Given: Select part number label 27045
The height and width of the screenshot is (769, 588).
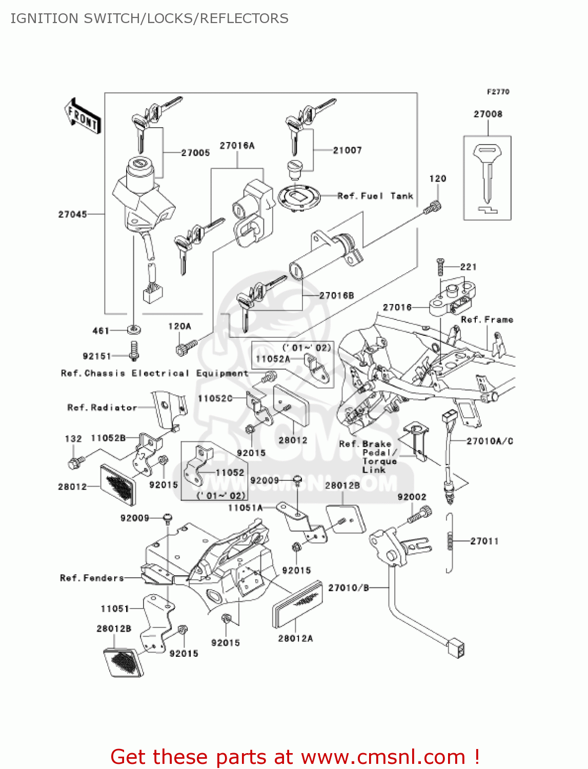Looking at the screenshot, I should (x=72, y=214).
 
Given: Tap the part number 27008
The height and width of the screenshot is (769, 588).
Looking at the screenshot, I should (x=488, y=114).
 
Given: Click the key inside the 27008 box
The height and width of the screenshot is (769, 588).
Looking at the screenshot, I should (x=486, y=174).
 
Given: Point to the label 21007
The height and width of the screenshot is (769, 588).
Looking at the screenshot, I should (x=347, y=150).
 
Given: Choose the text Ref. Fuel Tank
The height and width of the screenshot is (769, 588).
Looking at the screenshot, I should (x=375, y=196).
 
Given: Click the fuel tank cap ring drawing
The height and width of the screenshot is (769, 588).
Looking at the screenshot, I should (x=298, y=197).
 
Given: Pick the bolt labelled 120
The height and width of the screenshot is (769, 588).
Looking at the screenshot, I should (x=433, y=208).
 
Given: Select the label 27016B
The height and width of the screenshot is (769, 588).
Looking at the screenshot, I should (x=336, y=295).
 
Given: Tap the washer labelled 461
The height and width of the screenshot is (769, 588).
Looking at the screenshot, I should (x=134, y=330).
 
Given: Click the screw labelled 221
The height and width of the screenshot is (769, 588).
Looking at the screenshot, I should (x=440, y=267).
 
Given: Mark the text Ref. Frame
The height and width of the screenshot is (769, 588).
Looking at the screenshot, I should (x=486, y=319).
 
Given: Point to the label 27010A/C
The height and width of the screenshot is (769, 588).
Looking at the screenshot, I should (x=490, y=441).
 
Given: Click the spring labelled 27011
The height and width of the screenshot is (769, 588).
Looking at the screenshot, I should (x=450, y=541).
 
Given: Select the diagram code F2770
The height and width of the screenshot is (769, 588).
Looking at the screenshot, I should (x=498, y=92).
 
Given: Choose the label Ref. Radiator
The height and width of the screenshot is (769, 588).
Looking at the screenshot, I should (x=102, y=408).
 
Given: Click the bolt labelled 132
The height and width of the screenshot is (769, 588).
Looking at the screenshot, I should (x=73, y=462).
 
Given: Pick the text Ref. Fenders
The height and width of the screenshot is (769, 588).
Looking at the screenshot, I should (x=92, y=578).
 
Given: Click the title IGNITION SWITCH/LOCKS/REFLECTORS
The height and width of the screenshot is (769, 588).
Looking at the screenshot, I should (x=149, y=18).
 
